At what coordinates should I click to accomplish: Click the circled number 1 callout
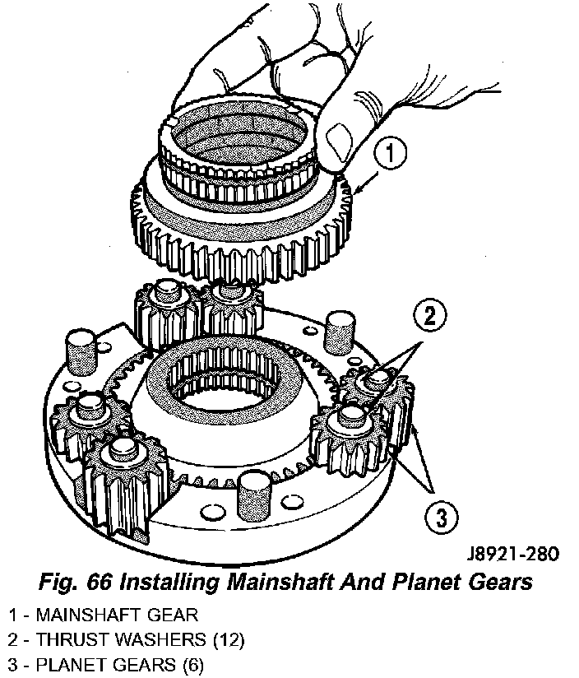tap(389, 154)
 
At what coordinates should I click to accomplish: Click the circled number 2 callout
tap(429, 316)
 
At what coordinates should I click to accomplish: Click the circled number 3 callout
tap(441, 517)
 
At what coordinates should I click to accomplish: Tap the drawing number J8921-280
tap(513, 554)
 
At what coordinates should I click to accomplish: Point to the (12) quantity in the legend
tap(229, 640)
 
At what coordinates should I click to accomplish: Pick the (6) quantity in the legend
tap(192, 665)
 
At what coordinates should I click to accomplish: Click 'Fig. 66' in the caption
tap(76, 582)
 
